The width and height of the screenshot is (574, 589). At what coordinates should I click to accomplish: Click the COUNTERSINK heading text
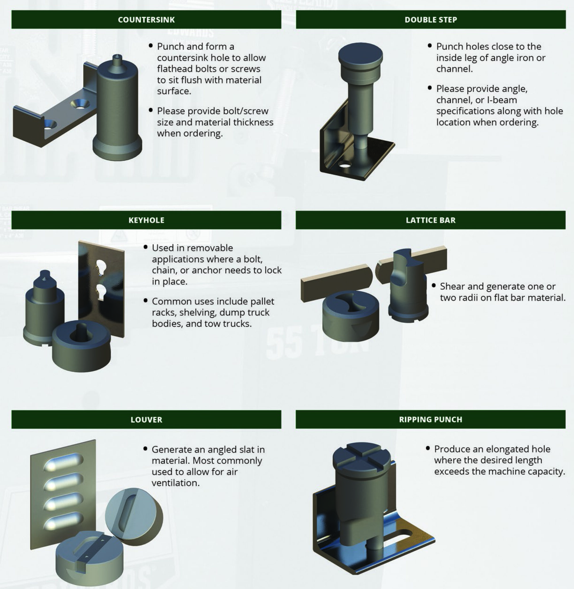(x=146, y=20)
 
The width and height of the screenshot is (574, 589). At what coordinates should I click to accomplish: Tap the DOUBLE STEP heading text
(x=430, y=20)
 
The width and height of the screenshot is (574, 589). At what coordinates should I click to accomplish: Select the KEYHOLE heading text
(x=146, y=220)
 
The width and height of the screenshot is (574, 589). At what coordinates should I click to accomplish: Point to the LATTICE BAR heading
(x=430, y=220)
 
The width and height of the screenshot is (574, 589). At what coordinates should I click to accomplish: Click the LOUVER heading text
(x=146, y=420)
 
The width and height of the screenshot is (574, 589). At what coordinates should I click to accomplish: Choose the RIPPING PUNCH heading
(x=430, y=420)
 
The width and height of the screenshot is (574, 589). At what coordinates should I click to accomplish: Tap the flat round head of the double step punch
(x=360, y=54)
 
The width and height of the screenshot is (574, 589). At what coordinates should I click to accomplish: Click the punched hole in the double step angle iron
(x=344, y=165)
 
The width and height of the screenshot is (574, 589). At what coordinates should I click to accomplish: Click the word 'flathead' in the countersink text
(x=175, y=69)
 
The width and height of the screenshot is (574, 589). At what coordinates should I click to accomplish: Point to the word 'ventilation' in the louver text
(x=175, y=483)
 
